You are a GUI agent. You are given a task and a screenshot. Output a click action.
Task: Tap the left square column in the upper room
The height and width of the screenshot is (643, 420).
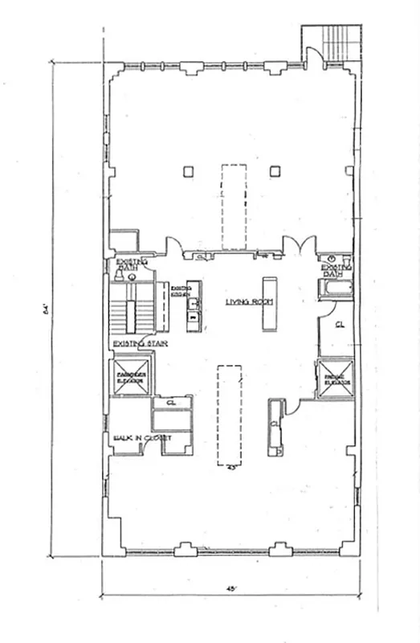pos(188,170)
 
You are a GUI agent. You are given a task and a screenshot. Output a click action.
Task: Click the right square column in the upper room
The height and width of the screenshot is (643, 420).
pos(275,170)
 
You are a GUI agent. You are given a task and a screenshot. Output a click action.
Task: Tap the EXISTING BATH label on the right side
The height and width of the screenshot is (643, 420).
pos(335,269)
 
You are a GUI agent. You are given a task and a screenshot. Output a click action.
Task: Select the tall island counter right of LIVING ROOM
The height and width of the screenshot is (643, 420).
pos(267,305)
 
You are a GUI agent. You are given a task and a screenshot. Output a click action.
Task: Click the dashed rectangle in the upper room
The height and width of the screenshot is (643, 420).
pos(233,206)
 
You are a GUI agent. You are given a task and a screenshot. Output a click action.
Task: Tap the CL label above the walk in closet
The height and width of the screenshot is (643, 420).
pos(171,403)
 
